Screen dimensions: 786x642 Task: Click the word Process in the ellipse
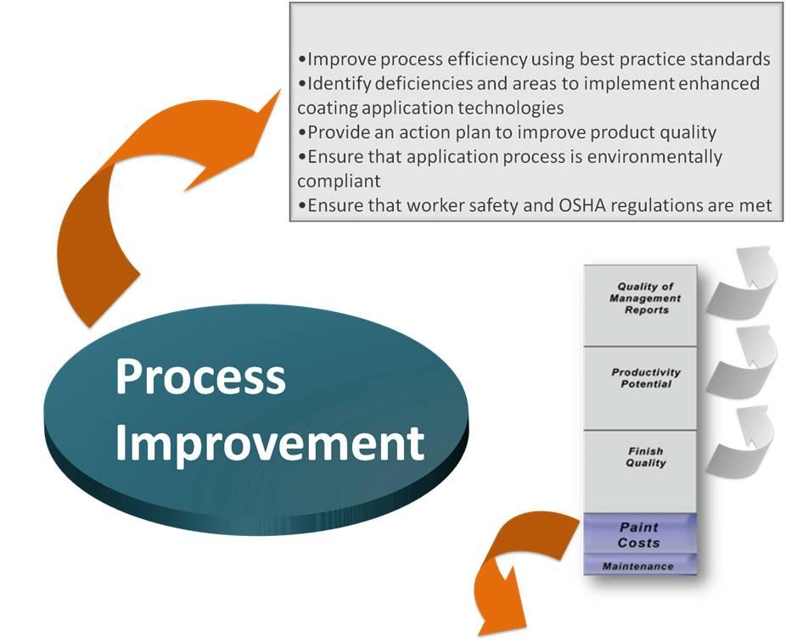[x=200, y=377]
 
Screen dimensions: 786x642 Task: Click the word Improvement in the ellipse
[x=270, y=444]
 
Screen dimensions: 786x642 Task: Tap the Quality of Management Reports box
[x=640, y=305]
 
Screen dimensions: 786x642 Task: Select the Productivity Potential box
[x=640, y=388]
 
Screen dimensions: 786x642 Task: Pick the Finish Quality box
[x=640, y=472]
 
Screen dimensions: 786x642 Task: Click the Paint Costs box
[x=640, y=533]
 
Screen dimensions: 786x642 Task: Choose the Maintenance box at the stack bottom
[x=640, y=565]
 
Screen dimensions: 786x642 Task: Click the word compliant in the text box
[x=339, y=181]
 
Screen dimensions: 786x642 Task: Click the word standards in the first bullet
[x=730, y=59]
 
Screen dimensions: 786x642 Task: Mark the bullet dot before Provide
[x=302, y=132]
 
